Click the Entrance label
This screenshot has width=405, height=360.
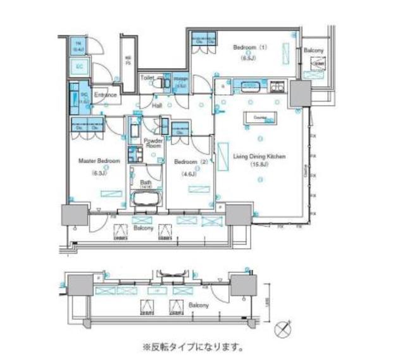(x=106, y=96)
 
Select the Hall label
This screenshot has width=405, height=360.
(x=157, y=106)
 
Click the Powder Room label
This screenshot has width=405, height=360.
(x=153, y=143)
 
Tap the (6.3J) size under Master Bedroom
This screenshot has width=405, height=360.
(x=99, y=173)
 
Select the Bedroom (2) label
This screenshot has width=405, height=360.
(x=187, y=162)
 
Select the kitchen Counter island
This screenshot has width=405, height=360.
(x=259, y=118)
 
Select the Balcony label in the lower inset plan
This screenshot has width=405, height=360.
(x=199, y=305)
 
